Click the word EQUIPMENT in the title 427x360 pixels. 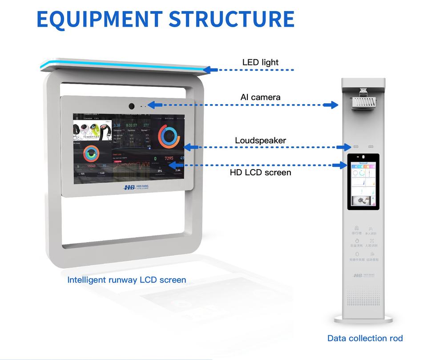[99, 18]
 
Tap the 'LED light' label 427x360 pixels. [260, 62]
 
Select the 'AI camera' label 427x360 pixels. [260, 97]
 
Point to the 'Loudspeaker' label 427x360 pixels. [260, 141]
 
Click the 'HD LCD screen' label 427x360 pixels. [260, 172]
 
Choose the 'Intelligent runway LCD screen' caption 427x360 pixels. [126, 280]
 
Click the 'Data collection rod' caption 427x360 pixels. [365, 338]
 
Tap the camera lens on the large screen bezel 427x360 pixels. [132, 106]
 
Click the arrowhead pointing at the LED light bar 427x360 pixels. [211, 70]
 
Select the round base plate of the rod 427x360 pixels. [363, 319]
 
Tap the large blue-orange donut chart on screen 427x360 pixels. [169, 137]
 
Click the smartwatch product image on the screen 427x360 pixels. [92, 130]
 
